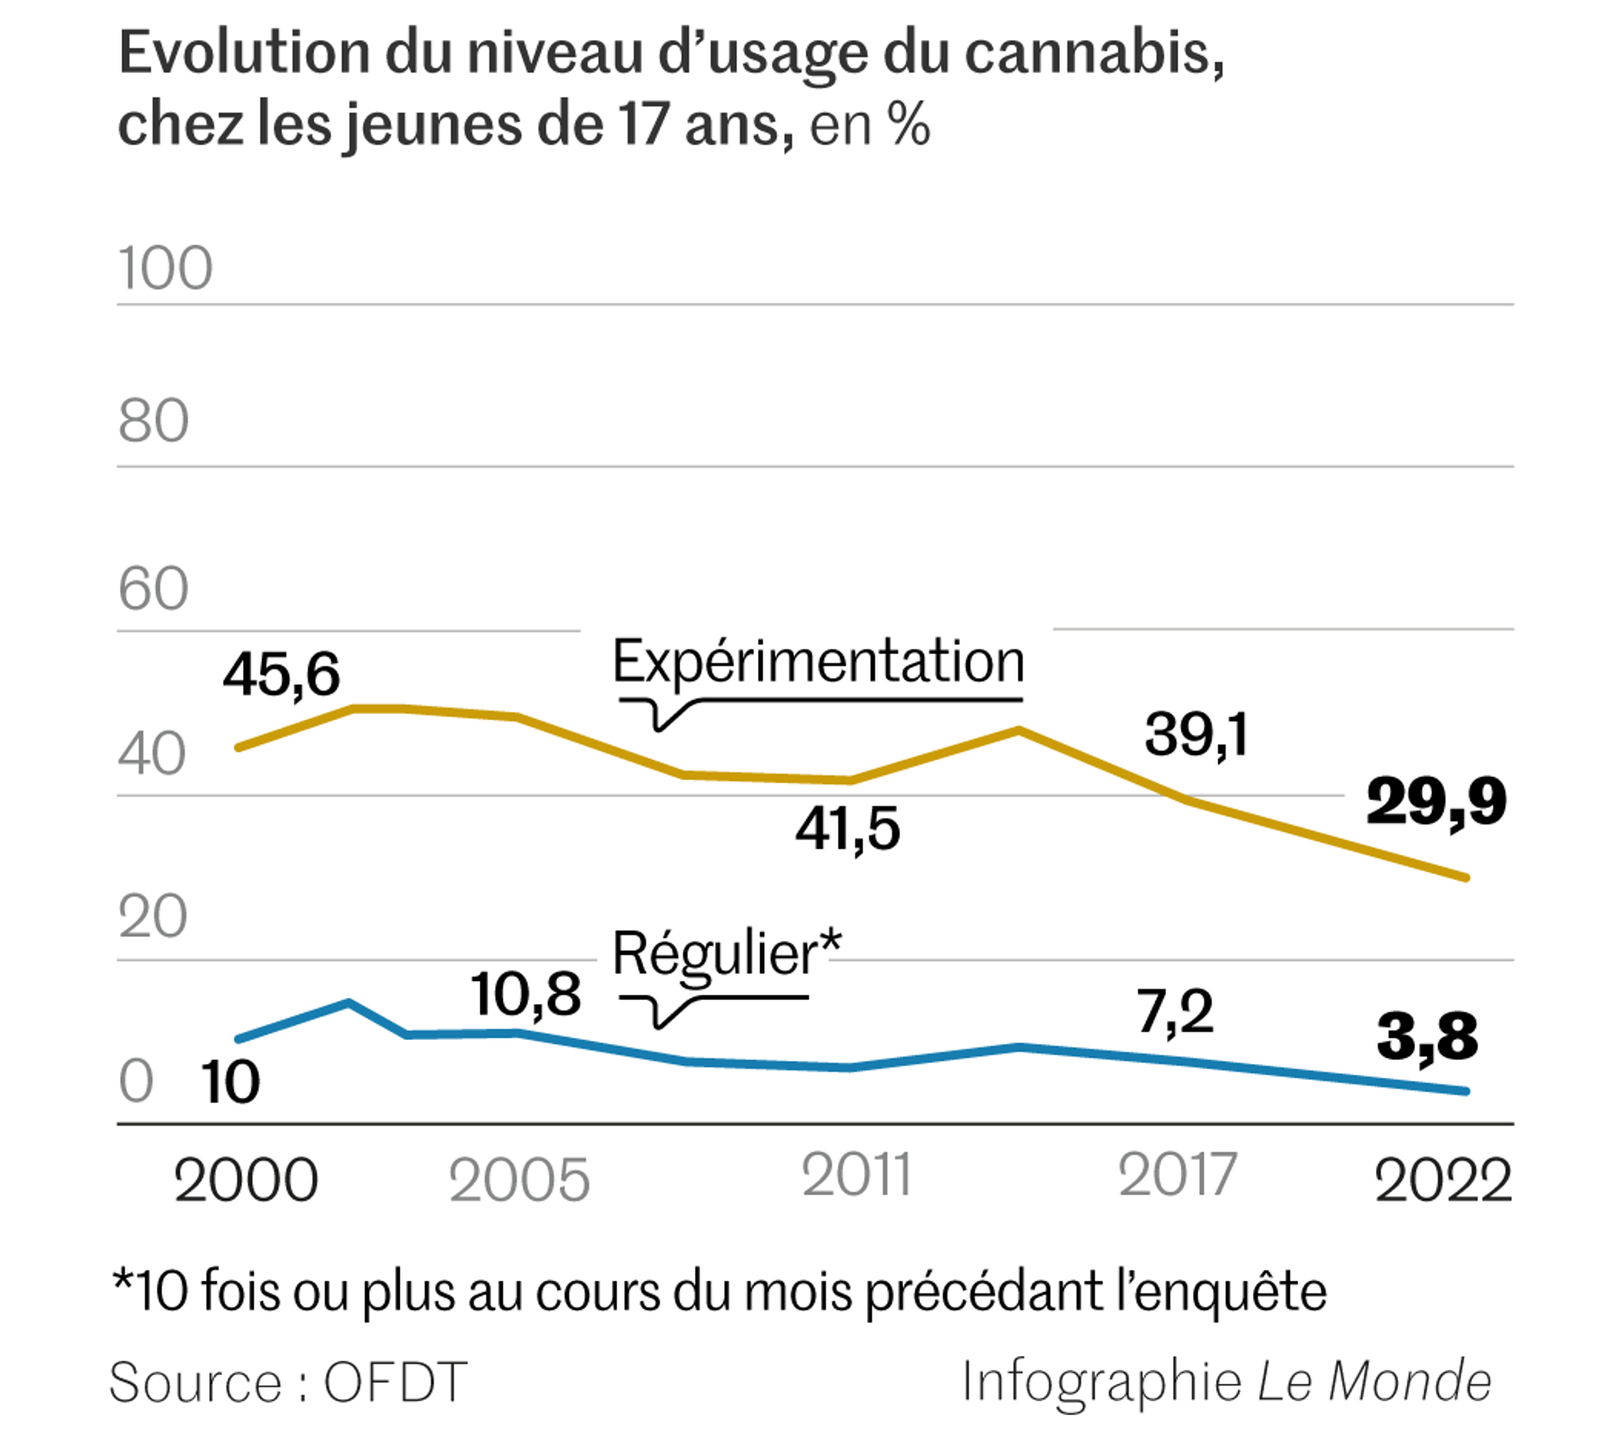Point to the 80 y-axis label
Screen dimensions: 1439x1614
[x=153, y=421]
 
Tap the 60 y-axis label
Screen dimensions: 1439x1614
[x=153, y=589]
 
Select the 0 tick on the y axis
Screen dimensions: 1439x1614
[x=136, y=1081]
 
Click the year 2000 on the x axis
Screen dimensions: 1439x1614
[x=245, y=1180]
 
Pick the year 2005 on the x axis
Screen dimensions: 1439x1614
[x=519, y=1180]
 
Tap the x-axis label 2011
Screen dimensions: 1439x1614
[x=856, y=1175]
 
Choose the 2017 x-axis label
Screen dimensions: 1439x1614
[x=1178, y=1175]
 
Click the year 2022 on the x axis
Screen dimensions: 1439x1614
[x=1443, y=1180]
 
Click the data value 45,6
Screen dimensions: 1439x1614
[x=281, y=674]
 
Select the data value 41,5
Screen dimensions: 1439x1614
[x=847, y=828]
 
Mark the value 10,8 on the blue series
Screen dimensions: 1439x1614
[x=525, y=995]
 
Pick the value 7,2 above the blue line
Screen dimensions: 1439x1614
[x=1175, y=1012]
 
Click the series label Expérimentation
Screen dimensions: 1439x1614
[x=818, y=662]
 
